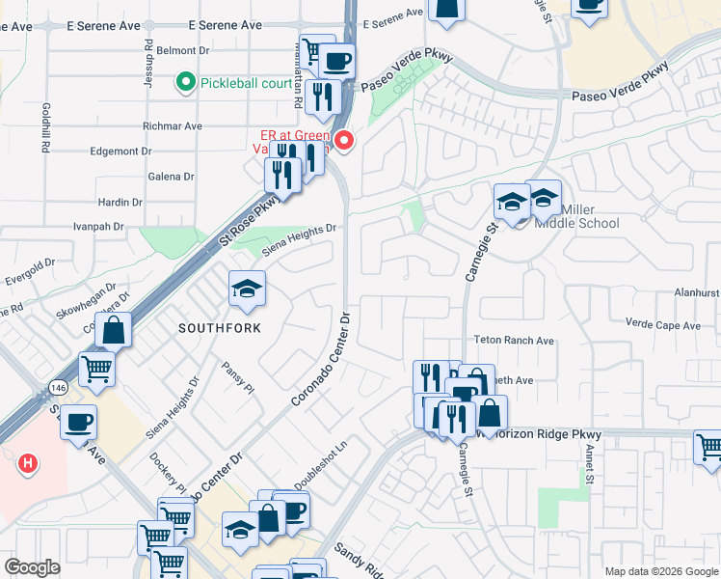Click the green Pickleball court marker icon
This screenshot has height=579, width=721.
pos(186,83)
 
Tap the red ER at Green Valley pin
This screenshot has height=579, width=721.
pos(344,141)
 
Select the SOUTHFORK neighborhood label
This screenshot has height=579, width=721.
pos(221,328)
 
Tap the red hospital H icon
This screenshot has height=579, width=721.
pos(29,464)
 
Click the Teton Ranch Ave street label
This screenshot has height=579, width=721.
pos(514,341)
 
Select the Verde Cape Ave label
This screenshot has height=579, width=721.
pos(663,325)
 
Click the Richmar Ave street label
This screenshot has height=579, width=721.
pos(173,126)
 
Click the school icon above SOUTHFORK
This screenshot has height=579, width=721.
pos(247,288)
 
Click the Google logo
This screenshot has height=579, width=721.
pos(32,567)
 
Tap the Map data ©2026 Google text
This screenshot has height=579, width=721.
pos(661,571)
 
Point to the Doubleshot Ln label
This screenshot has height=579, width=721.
pos(319,464)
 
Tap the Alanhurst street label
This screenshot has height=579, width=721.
pos(696,291)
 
